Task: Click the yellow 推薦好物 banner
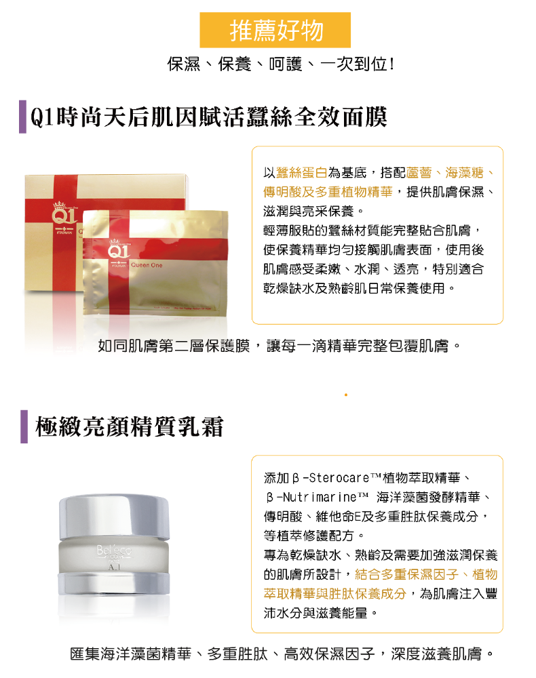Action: (275, 30)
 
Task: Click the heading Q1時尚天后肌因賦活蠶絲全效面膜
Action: (208, 117)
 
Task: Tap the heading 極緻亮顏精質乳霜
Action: (130, 426)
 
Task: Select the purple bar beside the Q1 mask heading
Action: (22, 117)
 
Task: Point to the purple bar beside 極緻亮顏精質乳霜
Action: (24, 426)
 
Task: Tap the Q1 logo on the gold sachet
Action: (117, 249)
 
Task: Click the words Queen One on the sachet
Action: (147, 265)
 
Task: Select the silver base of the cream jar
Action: (114, 583)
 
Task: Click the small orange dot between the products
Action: (345, 395)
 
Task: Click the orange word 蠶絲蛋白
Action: (301, 173)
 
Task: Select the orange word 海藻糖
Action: (464, 173)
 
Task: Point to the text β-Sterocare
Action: (331, 478)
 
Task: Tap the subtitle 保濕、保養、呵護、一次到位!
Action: (281, 64)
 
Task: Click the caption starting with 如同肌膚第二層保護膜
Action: (279, 346)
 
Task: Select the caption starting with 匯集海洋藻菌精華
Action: (282, 654)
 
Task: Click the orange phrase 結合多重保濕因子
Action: (406, 575)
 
